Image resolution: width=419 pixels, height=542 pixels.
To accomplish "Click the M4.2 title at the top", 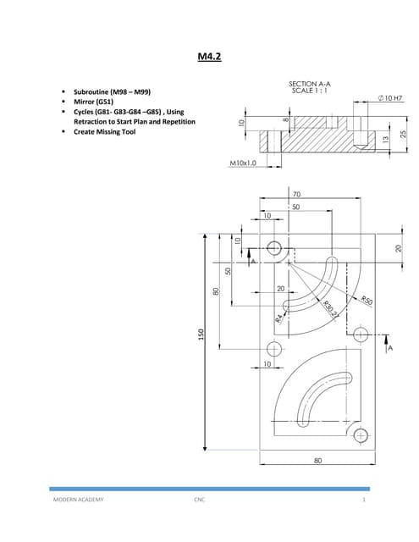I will pyautogui.click(x=208, y=58).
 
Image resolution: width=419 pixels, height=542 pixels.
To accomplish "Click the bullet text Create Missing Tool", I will pyautogui.click(x=106, y=132).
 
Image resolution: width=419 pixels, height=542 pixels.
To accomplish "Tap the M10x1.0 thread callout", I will pyautogui.click(x=242, y=162).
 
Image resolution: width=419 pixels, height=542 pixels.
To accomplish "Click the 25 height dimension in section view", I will pyautogui.click(x=404, y=135).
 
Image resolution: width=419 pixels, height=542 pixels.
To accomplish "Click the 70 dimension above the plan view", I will pyautogui.click(x=296, y=195).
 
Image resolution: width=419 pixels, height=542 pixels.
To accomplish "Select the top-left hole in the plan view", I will pyautogui.click(x=273, y=249).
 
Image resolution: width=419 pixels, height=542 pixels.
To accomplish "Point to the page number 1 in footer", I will pyautogui.click(x=362, y=501).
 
